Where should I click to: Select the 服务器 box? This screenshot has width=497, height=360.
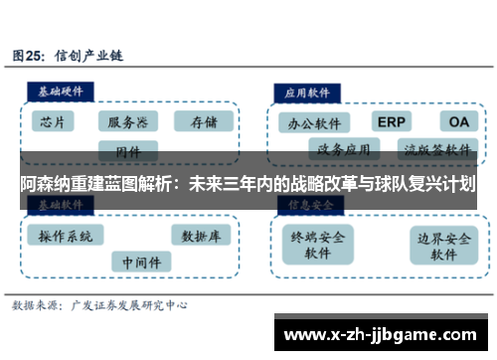click(x=128, y=122)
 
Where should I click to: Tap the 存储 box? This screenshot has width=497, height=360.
click(x=202, y=122)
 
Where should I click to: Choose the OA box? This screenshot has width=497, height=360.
click(x=459, y=121)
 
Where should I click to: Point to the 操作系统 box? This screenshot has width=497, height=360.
click(x=66, y=236)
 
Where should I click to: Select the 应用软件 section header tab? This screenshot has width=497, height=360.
click(x=308, y=90)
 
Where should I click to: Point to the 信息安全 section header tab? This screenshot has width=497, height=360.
click(x=308, y=204)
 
